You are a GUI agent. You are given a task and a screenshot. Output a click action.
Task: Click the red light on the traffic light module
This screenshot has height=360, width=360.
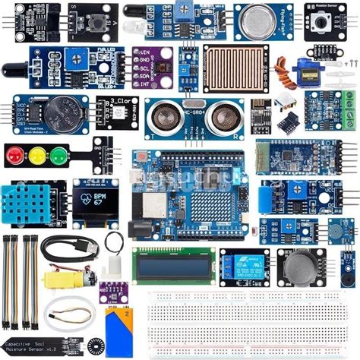[x=14, y=155]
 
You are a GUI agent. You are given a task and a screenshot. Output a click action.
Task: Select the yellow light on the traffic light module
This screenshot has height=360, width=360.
[x=36, y=155]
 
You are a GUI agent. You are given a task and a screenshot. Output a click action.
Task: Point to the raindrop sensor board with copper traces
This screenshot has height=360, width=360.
[x=236, y=67]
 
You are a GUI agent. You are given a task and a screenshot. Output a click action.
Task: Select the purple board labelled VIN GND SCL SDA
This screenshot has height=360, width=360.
[x=152, y=66]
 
